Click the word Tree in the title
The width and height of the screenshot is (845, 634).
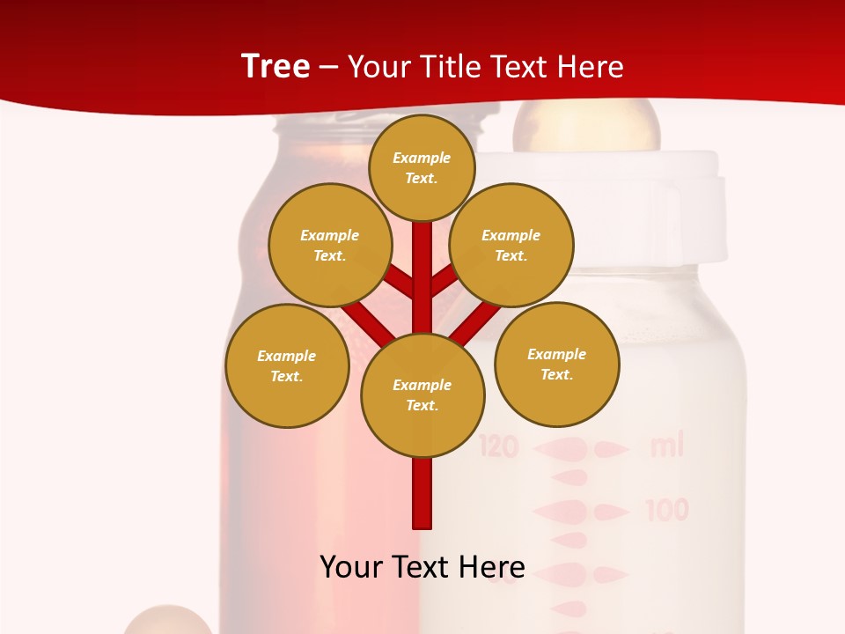276,66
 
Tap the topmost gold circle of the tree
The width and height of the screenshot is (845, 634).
422,168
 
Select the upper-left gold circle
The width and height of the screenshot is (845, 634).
330,246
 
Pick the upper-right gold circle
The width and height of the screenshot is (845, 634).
511,246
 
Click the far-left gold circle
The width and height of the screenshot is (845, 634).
287,366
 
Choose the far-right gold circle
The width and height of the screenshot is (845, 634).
556,365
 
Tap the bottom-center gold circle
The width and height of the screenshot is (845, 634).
422,395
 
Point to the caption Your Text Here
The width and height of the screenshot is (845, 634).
422,566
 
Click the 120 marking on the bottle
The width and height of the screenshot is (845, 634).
499,447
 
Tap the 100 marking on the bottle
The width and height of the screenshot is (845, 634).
667,510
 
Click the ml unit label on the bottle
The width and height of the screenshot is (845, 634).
666,446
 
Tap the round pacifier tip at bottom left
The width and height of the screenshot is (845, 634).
167,622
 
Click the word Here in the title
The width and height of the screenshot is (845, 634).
591,67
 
